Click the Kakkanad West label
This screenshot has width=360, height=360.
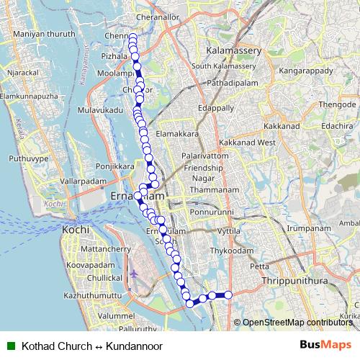point(247,143)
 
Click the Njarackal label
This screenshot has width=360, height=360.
point(21,72)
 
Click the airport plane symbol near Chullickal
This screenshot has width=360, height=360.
point(135,275)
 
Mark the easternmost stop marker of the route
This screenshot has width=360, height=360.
point(228,294)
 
